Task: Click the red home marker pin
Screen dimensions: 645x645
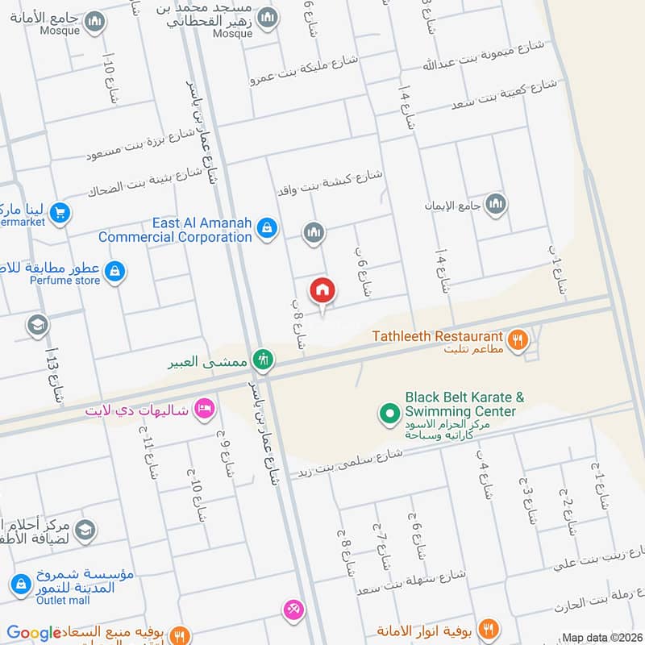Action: pyautogui.click(x=322, y=290)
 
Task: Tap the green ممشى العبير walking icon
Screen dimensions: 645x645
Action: pyautogui.click(x=261, y=360)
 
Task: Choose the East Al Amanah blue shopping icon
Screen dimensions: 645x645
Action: pyautogui.click(x=268, y=230)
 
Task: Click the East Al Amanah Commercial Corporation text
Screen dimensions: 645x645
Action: pyautogui.click(x=175, y=230)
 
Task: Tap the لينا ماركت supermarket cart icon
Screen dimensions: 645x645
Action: pyautogui.click(x=59, y=213)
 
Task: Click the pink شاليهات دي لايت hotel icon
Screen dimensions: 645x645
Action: pyautogui.click(x=204, y=409)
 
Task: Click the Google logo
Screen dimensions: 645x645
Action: pyautogui.click(x=33, y=633)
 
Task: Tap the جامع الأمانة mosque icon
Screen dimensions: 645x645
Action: pyautogui.click(x=94, y=22)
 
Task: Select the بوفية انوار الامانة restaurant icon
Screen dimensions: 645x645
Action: pyautogui.click(x=488, y=629)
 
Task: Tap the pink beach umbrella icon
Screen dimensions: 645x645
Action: pyautogui.click(x=293, y=610)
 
